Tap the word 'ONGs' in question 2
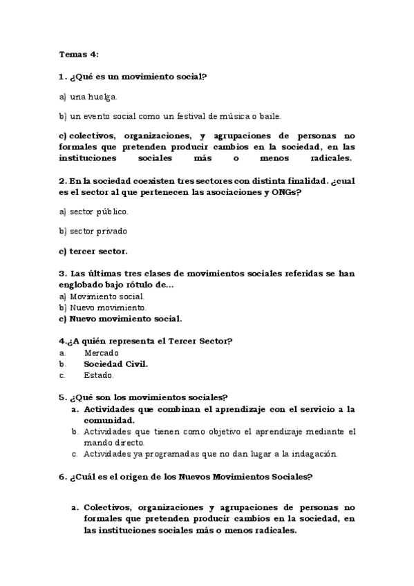point(284,192)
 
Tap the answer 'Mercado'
point(97,352)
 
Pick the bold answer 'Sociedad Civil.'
point(116,363)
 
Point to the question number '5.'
point(62,397)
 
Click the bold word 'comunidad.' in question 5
point(109,419)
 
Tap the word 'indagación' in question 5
point(314,454)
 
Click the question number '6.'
point(62,476)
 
